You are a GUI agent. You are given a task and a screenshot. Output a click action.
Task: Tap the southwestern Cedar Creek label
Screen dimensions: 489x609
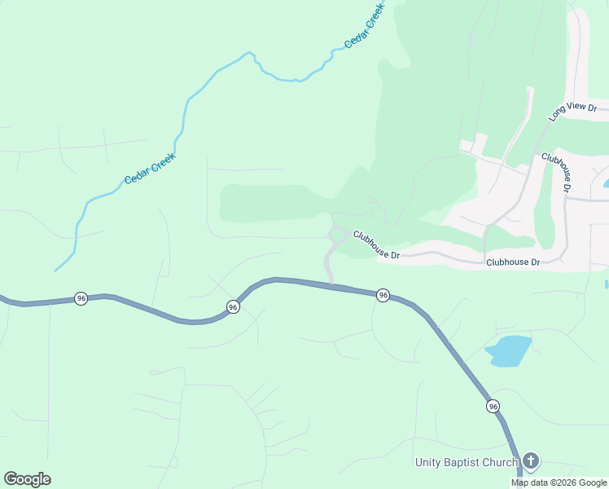tap(150, 168)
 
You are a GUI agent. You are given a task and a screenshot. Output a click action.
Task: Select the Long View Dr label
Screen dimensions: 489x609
tap(573, 112)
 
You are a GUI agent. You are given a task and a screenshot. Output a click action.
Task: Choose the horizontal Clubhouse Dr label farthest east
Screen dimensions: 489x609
tap(513, 262)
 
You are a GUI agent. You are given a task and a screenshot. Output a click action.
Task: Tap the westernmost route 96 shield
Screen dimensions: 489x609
tap(81, 298)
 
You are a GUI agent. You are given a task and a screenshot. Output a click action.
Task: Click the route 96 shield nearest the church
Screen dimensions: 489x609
tap(493, 406)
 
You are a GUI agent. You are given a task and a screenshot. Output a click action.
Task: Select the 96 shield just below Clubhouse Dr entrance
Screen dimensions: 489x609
tap(383, 295)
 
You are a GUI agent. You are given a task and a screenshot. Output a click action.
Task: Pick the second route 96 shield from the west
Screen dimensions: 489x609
tap(233, 307)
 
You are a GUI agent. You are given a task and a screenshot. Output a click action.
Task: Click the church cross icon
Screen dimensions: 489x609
tap(531, 462)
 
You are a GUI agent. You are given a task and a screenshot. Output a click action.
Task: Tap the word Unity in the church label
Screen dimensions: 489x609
tap(429, 463)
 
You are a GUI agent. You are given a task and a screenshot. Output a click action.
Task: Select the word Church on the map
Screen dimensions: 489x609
tap(501, 463)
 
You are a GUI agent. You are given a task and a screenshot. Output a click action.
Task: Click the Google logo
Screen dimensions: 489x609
tap(27, 479)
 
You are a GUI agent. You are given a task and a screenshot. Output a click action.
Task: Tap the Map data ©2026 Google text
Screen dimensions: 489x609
tap(559, 482)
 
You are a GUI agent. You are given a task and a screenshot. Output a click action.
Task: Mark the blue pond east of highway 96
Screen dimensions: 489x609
tap(509, 350)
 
